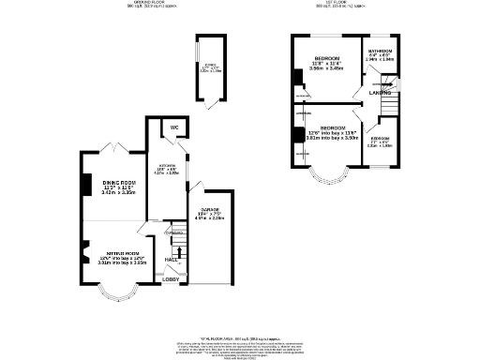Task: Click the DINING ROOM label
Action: click(x=119, y=183)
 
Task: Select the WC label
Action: click(x=173, y=127)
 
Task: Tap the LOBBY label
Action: click(x=172, y=279)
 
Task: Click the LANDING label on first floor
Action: click(x=380, y=93)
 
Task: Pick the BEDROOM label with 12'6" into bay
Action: click(x=334, y=127)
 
